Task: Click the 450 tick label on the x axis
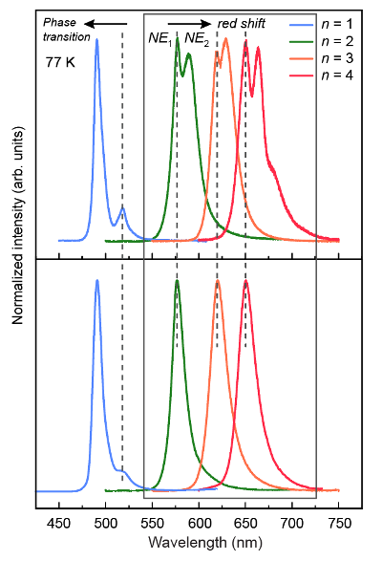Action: tap(60, 524)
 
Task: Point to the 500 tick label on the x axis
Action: tap(106, 524)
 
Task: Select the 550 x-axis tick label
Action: tap(153, 524)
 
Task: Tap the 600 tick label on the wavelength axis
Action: tap(200, 524)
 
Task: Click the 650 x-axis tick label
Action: tap(246, 524)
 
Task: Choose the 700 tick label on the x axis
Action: tap(292, 524)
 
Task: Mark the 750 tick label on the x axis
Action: tap(339, 524)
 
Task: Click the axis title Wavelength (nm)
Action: tap(199, 542)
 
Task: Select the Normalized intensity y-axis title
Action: tap(17, 259)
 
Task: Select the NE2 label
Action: tap(197, 38)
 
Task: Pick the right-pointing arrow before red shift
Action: tap(188, 21)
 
